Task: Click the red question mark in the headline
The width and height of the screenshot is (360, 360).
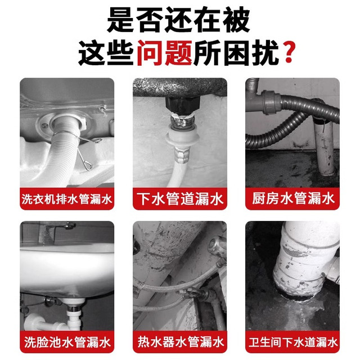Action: tap(289, 52)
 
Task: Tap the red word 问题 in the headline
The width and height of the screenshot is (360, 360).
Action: tap(165, 53)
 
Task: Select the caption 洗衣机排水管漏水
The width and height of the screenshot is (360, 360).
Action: tap(67, 199)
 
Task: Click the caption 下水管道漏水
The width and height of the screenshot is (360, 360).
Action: tap(180, 199)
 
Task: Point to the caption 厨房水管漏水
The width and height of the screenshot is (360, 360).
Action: tap(292, 199)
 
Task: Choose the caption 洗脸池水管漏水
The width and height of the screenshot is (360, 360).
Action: tap(67, 342)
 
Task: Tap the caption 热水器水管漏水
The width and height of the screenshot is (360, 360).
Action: tap(181, 342)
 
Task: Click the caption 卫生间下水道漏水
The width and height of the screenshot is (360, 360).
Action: tap(293, 342)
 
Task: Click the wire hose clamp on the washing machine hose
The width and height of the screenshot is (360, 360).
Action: tap(78, 147)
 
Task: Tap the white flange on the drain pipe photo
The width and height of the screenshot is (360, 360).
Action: tap(181, 137)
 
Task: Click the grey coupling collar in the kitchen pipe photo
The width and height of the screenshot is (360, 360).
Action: tap(272, 102)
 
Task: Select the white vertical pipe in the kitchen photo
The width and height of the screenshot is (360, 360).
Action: tap(325, 147)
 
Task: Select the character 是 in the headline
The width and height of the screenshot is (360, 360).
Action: tap(120, 20)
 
